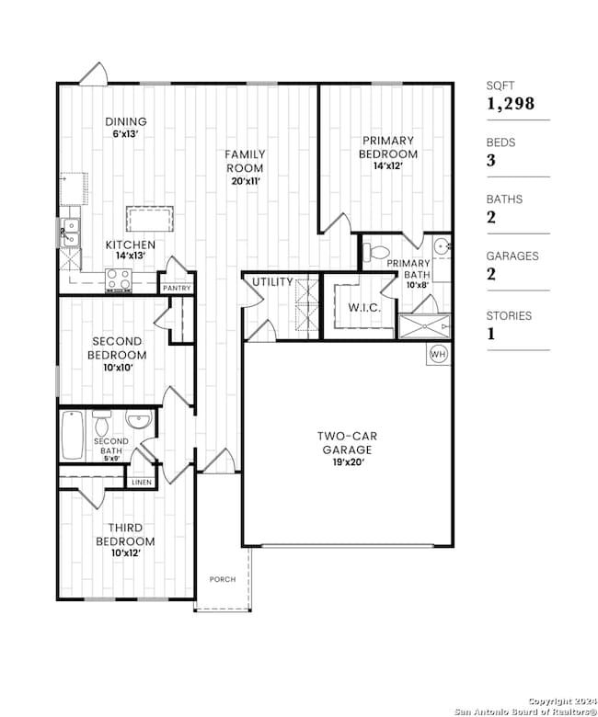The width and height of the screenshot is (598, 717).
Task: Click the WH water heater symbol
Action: point(438,354)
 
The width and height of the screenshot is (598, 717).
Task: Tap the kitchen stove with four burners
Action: point(119,279)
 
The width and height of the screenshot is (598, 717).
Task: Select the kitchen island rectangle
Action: point(150,220)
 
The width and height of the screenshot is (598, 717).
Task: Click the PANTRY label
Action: point(177,288)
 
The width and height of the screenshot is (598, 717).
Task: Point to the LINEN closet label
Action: point(142,483)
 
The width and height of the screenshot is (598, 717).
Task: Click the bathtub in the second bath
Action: point(73,436)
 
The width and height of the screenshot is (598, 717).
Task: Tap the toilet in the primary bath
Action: point(375,251)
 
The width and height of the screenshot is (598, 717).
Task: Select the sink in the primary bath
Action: point(442,246)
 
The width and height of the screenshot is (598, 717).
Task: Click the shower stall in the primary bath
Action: point(425,326)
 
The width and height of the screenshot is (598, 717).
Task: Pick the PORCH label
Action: point(223,579)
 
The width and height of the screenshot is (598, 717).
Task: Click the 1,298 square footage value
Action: point(511,104)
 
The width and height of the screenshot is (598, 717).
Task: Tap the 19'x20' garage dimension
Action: point(348,462)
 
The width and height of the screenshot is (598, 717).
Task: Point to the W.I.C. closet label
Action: point(364,307)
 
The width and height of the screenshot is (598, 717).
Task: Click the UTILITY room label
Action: point(272,282)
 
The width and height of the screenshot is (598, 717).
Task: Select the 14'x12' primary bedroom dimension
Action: point(388,166)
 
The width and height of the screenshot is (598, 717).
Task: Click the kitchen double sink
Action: point(71,233)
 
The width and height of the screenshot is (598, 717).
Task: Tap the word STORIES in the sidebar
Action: point(509,315)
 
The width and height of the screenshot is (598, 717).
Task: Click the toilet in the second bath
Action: point(101,423)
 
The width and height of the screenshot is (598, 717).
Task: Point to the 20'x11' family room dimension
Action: point(246,181)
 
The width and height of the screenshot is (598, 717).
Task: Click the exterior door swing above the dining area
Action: point(94,74)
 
